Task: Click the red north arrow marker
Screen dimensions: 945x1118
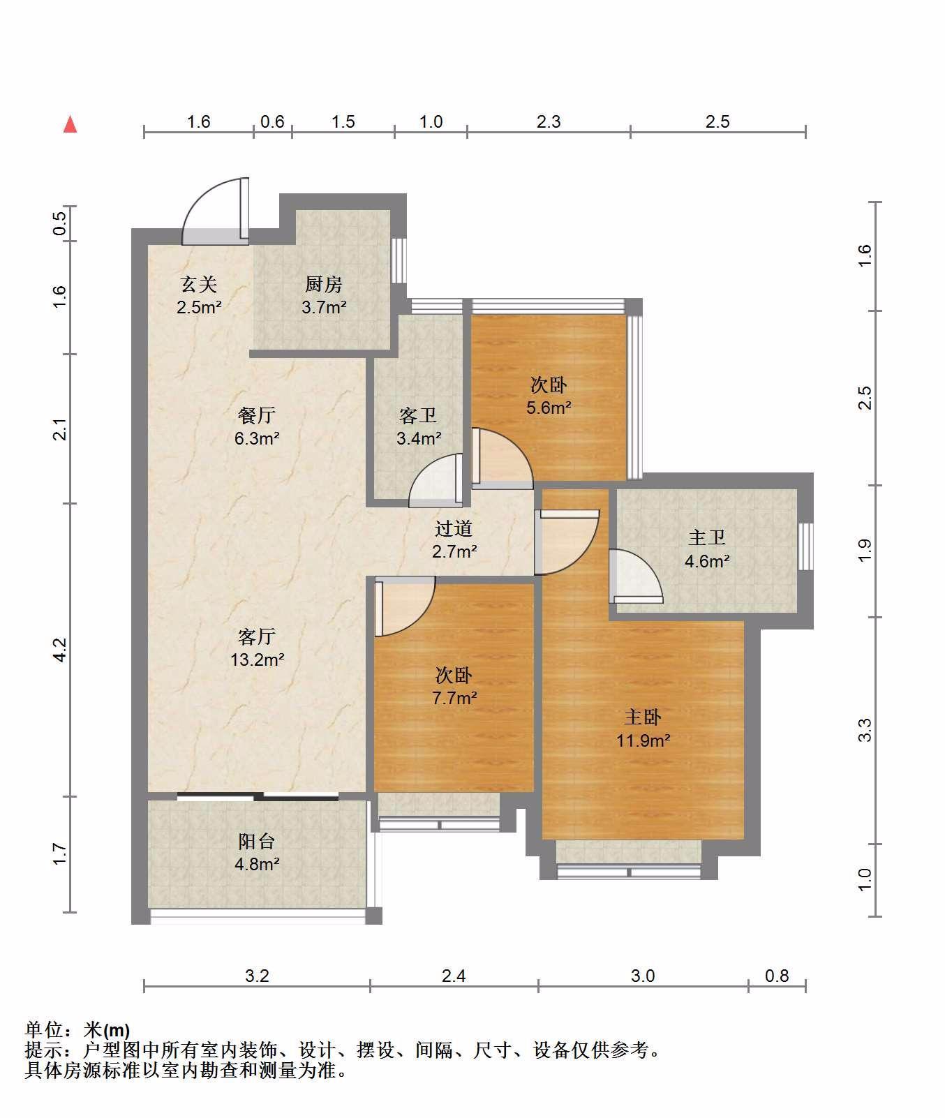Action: coord(70,124)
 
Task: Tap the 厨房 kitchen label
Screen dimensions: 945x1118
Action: coord(323,284)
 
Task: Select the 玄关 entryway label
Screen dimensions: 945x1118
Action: coord(199,284)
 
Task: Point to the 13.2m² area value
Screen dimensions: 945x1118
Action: coord(258,659)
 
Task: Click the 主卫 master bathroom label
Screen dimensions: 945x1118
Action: coord(707,537)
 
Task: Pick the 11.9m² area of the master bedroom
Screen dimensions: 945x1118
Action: coord(643,740)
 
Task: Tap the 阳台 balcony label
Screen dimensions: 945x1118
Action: coord(257,841)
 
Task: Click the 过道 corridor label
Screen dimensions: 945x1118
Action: coord(454,528)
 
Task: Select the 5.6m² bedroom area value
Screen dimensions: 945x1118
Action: coord(549,408)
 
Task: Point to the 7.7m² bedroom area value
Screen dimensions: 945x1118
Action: coord(454,698)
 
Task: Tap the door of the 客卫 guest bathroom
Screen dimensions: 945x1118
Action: coord(436,479)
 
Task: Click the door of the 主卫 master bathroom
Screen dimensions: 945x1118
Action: coord(636,576)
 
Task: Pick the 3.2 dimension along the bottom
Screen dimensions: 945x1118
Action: coord(257,976)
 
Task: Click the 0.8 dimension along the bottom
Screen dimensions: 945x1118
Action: coord(777,976)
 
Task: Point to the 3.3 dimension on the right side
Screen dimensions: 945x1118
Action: coord(865,730)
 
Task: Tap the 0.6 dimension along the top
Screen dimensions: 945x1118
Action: coord(272,121)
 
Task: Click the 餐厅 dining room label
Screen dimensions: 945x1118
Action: coord(257,415)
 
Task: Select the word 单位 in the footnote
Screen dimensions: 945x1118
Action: coord(44,1030)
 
